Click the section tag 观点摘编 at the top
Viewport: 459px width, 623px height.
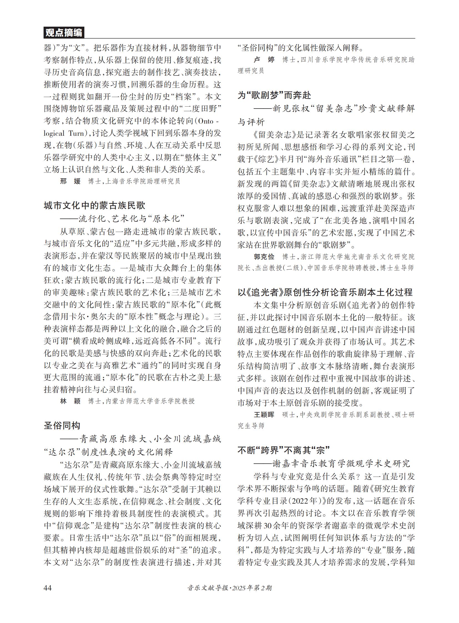(x=64, y=33)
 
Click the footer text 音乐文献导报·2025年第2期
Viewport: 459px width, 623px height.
(x=229, y=588)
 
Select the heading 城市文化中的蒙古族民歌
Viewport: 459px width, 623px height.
(x=94, y=205)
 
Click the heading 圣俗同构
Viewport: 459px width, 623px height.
(x=62, y=426)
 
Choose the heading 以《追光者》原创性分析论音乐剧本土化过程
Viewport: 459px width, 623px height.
(x=325, y=292)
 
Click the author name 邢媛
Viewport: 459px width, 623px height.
(x=70, y=181)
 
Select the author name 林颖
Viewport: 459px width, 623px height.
(x=70, y=401)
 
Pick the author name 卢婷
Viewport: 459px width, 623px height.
(x=264, y=59)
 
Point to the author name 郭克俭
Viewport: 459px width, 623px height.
(x=264, y=256)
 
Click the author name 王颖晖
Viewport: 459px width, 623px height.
(x=264, y=415)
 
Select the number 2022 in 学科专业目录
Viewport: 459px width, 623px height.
(x=304, y=501)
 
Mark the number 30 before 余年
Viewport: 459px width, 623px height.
(x=268, y=526)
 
